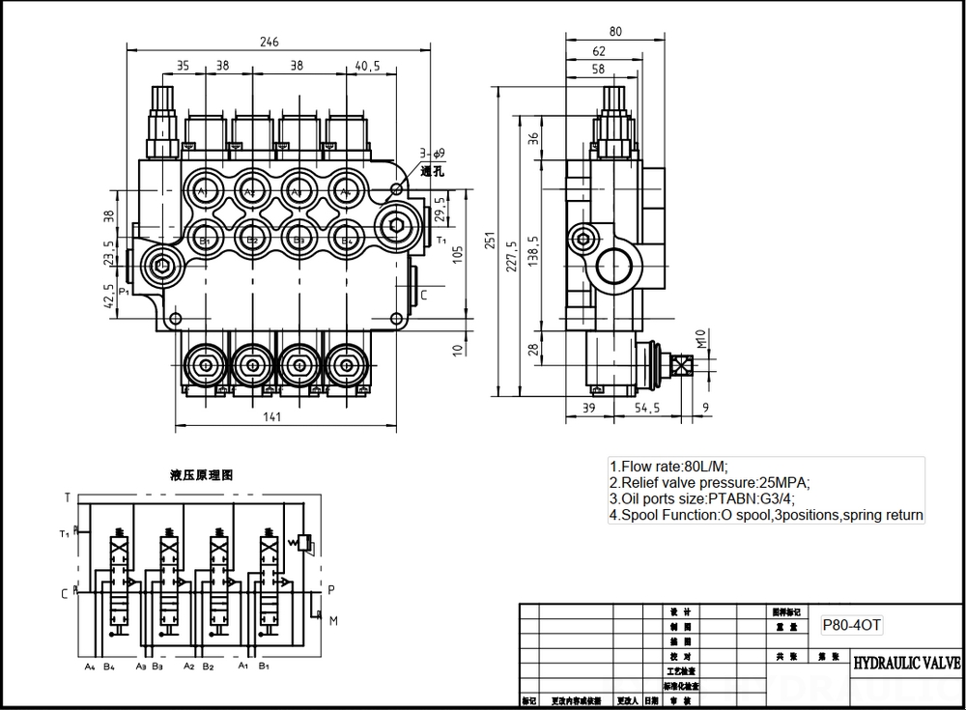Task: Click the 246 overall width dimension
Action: (x=270, y=42)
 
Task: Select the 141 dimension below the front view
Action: (x=271, y=416)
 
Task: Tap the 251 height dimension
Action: (x=491, y=240)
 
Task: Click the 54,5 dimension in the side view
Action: (x=647, y=409)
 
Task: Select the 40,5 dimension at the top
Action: (x=367, y=67)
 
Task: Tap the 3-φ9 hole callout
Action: (x=430, y=154)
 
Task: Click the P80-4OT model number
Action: (x=850, y=625)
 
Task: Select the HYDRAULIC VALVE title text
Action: (x=906, y=664)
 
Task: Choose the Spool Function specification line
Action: (x=765, y=516)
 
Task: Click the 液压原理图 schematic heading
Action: (x=201, y=475)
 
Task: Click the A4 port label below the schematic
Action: (x=89, y=667)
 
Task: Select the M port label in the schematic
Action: (x=333, y=619)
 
